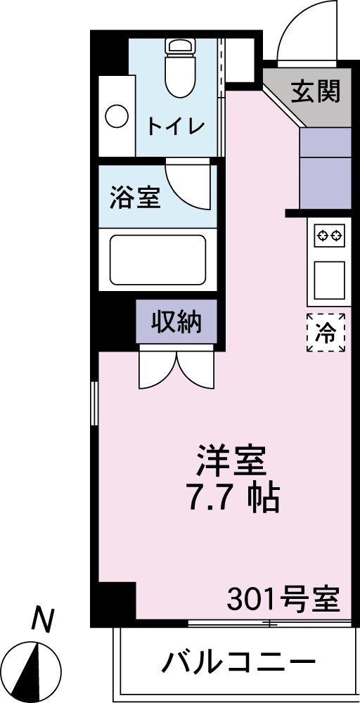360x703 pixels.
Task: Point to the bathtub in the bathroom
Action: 157,259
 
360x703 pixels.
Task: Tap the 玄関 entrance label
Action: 316,92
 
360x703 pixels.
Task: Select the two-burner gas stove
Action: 330,236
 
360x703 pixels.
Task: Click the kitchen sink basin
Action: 330,280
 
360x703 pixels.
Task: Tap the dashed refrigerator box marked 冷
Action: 326,333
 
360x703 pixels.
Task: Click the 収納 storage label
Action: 176,321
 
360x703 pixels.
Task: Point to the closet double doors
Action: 177,367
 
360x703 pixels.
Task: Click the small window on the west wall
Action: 94,404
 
